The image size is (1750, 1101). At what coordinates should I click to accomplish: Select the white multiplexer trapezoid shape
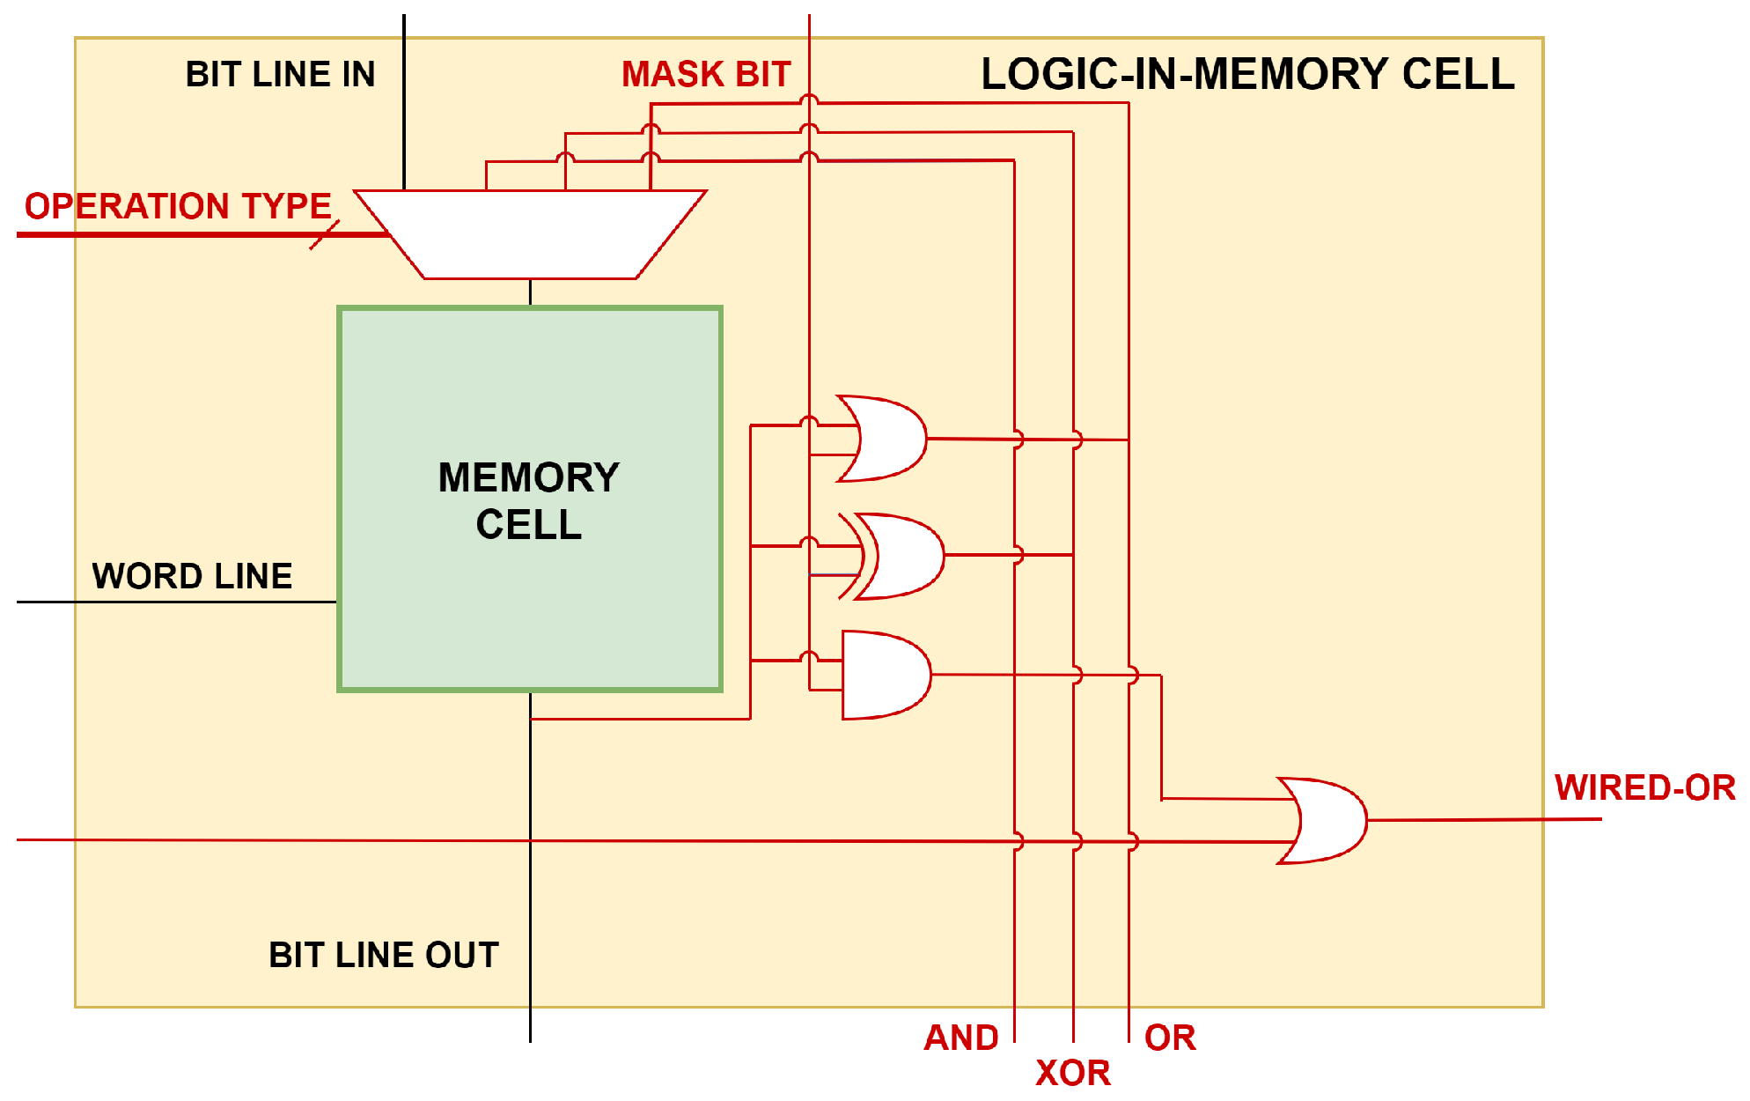coord(530,234)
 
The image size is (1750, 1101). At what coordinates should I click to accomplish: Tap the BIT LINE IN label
coord(280,75)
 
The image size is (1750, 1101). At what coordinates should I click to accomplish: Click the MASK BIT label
coord(706,75)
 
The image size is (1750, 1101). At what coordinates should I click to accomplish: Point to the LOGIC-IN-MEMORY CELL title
coord(1247,75)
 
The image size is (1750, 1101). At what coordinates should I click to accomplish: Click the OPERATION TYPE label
coord(178,206)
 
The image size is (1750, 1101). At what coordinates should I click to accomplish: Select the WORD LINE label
coord(192,577)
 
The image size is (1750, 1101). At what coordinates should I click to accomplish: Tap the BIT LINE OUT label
coord(384,956)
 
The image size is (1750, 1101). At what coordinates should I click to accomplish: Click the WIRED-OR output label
coord(1644,787)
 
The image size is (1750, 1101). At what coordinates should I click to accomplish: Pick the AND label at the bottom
coord(961,1038)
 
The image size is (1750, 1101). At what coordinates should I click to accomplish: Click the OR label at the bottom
coord(1170,1038)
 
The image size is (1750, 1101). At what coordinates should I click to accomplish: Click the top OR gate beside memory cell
coord(885,439)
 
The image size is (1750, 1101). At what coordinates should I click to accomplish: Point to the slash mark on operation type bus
coord(324,235)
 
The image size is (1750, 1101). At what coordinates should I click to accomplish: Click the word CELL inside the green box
coord(529,525)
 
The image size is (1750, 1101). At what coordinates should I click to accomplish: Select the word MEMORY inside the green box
coord(529,478)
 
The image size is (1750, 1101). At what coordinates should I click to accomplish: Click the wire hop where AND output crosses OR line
coord(1132,676)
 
